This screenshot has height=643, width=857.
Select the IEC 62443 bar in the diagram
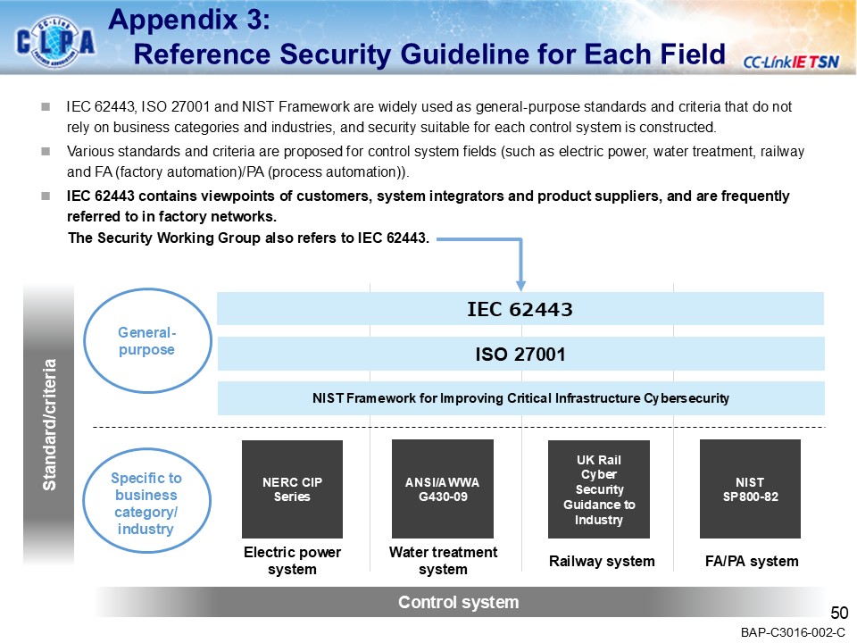pos(520,309)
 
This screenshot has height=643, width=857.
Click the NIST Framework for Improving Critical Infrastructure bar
pos(520,398)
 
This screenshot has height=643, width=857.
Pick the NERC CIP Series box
pos(292,489)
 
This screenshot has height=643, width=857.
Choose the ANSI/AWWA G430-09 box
pos(443,489)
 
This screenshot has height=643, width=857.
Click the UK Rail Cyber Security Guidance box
pos(598,489)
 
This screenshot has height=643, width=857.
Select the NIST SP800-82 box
pos(750,489)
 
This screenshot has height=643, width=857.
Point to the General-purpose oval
pos(146,341)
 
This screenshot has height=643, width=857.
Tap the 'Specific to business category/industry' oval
pos(146,504)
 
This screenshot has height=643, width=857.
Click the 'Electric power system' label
pos(292,561)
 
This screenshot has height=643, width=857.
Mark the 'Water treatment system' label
pos(443,561)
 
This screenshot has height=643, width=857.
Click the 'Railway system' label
pos(602,561)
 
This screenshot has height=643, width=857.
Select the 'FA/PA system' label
pos(751,561)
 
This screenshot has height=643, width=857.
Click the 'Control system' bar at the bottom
pos(458,602)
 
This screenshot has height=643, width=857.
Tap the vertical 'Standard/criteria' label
pos(50,424)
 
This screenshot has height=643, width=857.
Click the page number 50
pos(838,613)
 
